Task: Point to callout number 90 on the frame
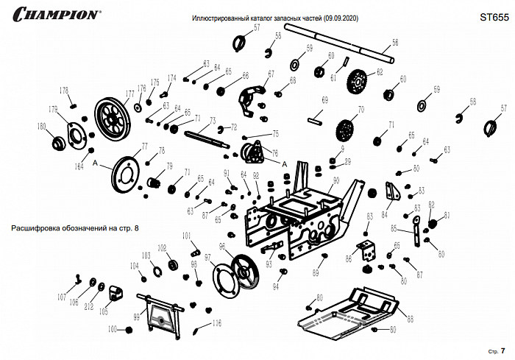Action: (x=336, y=180)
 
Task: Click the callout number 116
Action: (x=216, y=323)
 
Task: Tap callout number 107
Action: (x=62, y=297)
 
